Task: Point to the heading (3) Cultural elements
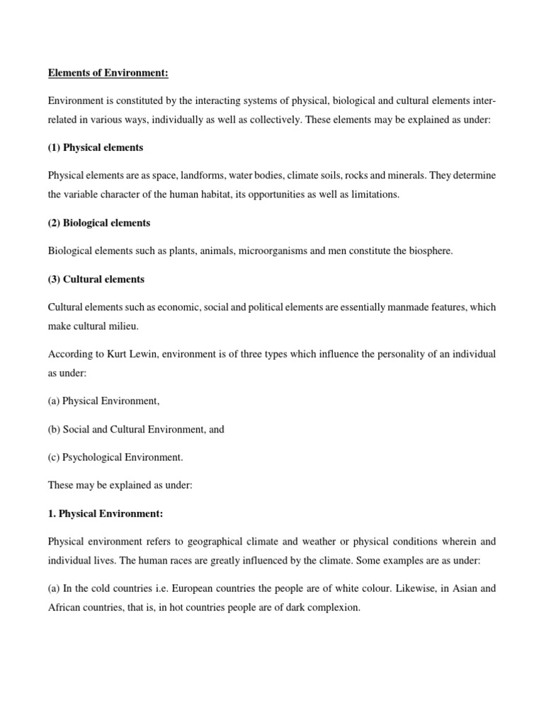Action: [96, 279]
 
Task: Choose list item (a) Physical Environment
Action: [103, 401]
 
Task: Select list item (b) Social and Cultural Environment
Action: [136, 429]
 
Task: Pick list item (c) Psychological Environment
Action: [115, 457]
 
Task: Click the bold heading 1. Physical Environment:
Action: [106, 513]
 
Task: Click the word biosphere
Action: [428, 251]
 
